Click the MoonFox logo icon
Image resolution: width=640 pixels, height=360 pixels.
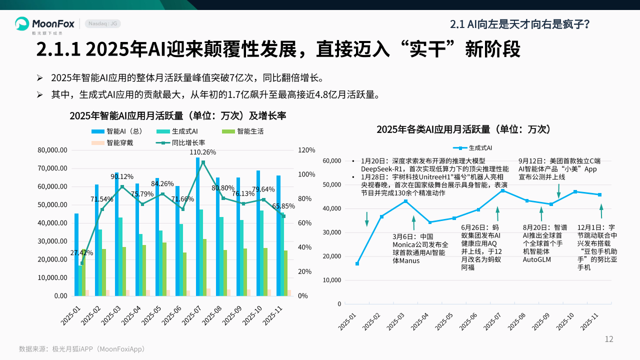coord(22,23)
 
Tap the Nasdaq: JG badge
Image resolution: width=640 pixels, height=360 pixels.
coord(102,23)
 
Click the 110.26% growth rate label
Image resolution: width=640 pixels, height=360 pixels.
coord(202,152)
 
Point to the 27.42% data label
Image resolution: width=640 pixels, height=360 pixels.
coord(81,252)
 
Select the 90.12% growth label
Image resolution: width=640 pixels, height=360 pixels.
coord(122,176)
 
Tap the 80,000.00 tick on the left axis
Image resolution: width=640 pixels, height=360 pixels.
coord(53,150)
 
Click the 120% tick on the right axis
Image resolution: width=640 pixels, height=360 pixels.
coord(306,150)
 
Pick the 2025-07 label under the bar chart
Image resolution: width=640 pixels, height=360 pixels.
coord(191,315)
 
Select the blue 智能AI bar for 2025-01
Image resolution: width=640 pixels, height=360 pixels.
coord(76,254)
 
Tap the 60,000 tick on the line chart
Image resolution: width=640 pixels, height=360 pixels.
coord(332,161)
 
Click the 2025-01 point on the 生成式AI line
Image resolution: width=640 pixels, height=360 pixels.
coord(357,263)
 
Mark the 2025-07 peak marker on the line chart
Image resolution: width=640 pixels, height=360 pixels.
coord(502,190)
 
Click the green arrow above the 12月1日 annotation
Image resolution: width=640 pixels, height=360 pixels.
coord(601,210)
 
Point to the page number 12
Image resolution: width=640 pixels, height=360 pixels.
coord(608,339)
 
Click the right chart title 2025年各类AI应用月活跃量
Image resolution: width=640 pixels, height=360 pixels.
coord(463,129)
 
